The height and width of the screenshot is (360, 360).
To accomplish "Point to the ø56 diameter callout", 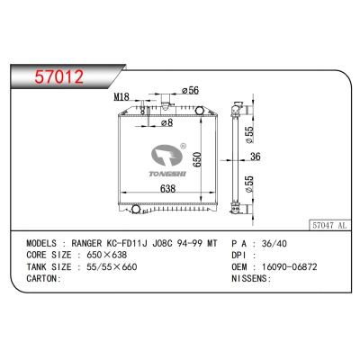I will pos(190,90).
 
